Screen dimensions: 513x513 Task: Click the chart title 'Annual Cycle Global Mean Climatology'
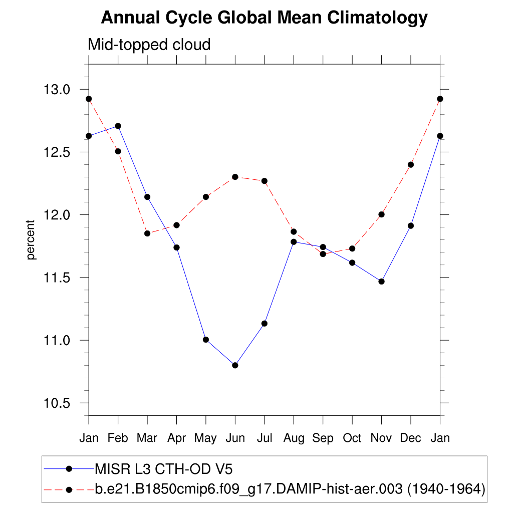(264, 18)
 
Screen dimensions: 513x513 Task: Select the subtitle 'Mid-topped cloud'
(149, 45)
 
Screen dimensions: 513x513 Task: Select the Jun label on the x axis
(235, 438)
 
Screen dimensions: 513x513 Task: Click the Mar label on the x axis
(147, 438)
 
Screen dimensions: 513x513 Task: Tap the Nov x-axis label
(381, 438)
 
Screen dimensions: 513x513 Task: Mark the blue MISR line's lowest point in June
(235, 365)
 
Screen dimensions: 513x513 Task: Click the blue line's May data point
(206, 340)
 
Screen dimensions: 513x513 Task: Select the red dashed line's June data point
(235, 177)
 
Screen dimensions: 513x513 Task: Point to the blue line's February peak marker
(118, 126)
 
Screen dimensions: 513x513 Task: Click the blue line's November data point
(382, 282)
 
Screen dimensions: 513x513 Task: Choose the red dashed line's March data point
(147, 233)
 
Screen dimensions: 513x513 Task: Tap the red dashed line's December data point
(411, 164)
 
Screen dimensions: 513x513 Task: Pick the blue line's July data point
(265, 324)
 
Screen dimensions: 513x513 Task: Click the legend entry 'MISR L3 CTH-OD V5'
(163, 469)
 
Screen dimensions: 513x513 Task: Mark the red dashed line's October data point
(352, 248)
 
